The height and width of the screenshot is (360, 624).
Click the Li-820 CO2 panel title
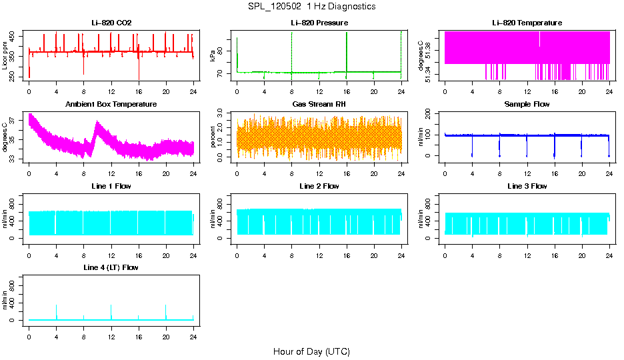coord(111,23)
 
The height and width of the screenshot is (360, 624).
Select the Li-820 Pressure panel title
coord(319,23)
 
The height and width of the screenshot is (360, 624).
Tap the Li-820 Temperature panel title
coord(527,23)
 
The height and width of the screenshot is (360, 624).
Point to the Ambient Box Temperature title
coord(111,104)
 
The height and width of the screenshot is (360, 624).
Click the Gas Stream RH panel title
coord(319,104)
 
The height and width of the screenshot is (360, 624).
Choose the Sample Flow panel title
coord(527,104)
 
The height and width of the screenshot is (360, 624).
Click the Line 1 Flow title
coord(111,185)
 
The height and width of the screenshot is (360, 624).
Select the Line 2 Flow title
coord(319,185)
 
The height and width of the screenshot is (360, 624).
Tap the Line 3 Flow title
coord(527,185)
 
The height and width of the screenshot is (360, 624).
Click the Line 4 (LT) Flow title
coord(111,267)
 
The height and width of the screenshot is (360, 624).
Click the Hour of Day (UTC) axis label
coord(311,351)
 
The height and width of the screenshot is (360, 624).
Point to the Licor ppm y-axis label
coord(5,56)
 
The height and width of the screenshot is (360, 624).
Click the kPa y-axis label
coord(213,56)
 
